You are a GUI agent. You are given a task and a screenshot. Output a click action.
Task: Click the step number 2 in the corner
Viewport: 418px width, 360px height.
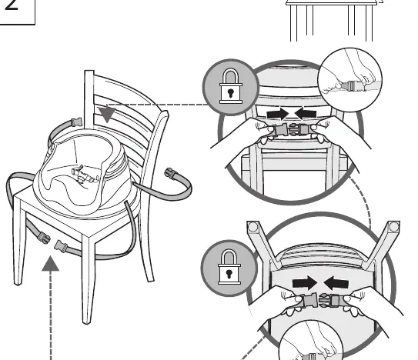[x=12, y=5]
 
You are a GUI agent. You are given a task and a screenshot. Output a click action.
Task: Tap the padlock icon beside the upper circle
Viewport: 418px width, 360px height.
[x=231, y=86]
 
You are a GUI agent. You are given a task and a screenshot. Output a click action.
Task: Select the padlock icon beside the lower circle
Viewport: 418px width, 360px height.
[x=229, y=267]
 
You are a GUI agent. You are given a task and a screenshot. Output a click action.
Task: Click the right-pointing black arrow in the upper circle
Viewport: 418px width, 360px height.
[x=277, y=114]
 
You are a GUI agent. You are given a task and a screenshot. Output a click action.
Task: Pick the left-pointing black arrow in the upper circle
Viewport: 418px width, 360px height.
[x=306, y=114]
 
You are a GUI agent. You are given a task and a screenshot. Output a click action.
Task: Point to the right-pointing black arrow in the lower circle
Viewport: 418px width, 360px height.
[x=305, y=283]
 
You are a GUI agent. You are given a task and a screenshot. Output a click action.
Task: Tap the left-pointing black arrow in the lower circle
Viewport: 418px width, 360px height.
[x=336, y=283]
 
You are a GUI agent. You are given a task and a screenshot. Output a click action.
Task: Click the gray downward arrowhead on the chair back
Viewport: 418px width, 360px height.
[x=107, y=114]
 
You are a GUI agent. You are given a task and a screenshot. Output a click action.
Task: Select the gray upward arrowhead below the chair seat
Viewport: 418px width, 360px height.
[x=50, y=263]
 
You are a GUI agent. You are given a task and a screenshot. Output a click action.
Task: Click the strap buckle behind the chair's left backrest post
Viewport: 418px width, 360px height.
[x=76, y=122]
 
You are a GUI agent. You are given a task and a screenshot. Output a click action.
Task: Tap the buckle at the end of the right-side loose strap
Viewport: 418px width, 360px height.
[x=170, y=173]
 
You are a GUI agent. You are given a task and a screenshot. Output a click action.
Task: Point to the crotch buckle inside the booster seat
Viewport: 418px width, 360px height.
[x=84, y=175]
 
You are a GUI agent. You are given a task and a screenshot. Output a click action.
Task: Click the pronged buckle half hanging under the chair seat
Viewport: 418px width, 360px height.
[x=43, y=237]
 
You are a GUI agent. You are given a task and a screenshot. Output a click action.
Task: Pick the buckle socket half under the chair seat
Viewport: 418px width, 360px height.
[x=61, y=246]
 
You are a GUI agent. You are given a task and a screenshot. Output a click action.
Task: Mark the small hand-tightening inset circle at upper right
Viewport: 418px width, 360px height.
[x=350, y=79]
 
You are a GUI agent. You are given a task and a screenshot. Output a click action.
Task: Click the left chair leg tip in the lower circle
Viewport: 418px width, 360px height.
[x=252, y=227]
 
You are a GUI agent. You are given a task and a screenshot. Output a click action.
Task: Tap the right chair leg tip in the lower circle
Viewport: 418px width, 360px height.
[x=393, y=227]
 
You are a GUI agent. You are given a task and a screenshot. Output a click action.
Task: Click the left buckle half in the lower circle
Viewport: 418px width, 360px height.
[x=309, y=299]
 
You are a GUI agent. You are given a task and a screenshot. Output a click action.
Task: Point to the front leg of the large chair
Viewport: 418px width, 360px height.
[x=88, y=279]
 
